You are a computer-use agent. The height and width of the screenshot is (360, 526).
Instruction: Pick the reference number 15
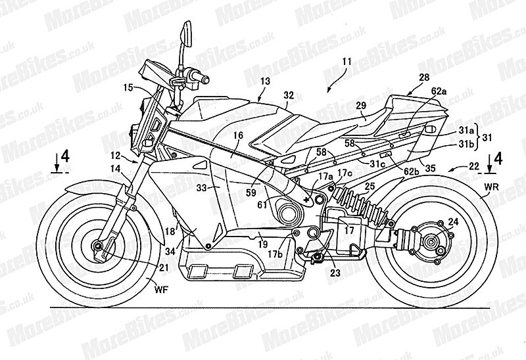tap(128, 87)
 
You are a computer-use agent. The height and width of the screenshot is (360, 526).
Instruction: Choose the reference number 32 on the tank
tap(289, 95)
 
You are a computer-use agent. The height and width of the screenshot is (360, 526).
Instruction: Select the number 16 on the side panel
tap(237, 135)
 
